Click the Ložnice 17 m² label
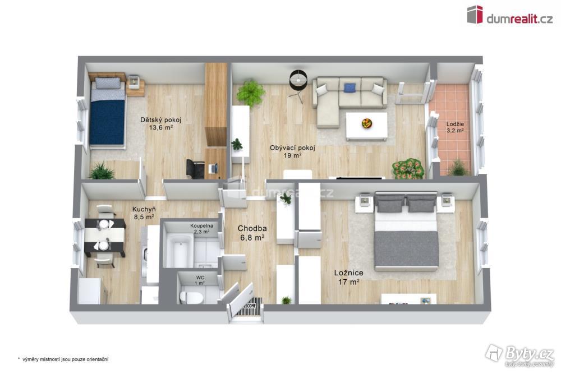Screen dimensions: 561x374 point(349,277)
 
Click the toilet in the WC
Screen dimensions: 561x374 point(191,297)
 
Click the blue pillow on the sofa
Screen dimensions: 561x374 point(350,87)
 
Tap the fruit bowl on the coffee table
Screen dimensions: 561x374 point(367,123)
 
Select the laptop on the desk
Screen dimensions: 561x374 point(213,168)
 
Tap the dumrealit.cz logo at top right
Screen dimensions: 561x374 point(509,15)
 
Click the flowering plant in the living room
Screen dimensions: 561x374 point(408,168)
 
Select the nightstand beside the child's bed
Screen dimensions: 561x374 point(135,86)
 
